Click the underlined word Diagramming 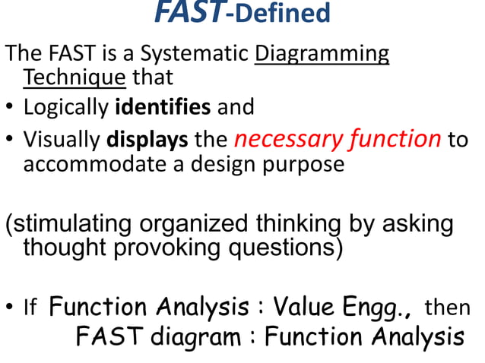tap(322, 55)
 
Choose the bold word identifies tap(163, 106)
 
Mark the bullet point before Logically tap(10, 107)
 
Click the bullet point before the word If tap(10, 308)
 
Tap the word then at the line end tap(447, 308)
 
